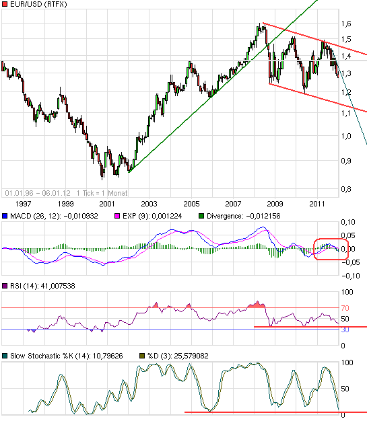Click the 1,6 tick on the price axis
346,24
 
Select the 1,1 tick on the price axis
346,113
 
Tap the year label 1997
24,202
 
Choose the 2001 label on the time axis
107,202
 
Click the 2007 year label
233,202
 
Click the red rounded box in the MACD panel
331,250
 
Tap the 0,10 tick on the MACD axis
349,222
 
